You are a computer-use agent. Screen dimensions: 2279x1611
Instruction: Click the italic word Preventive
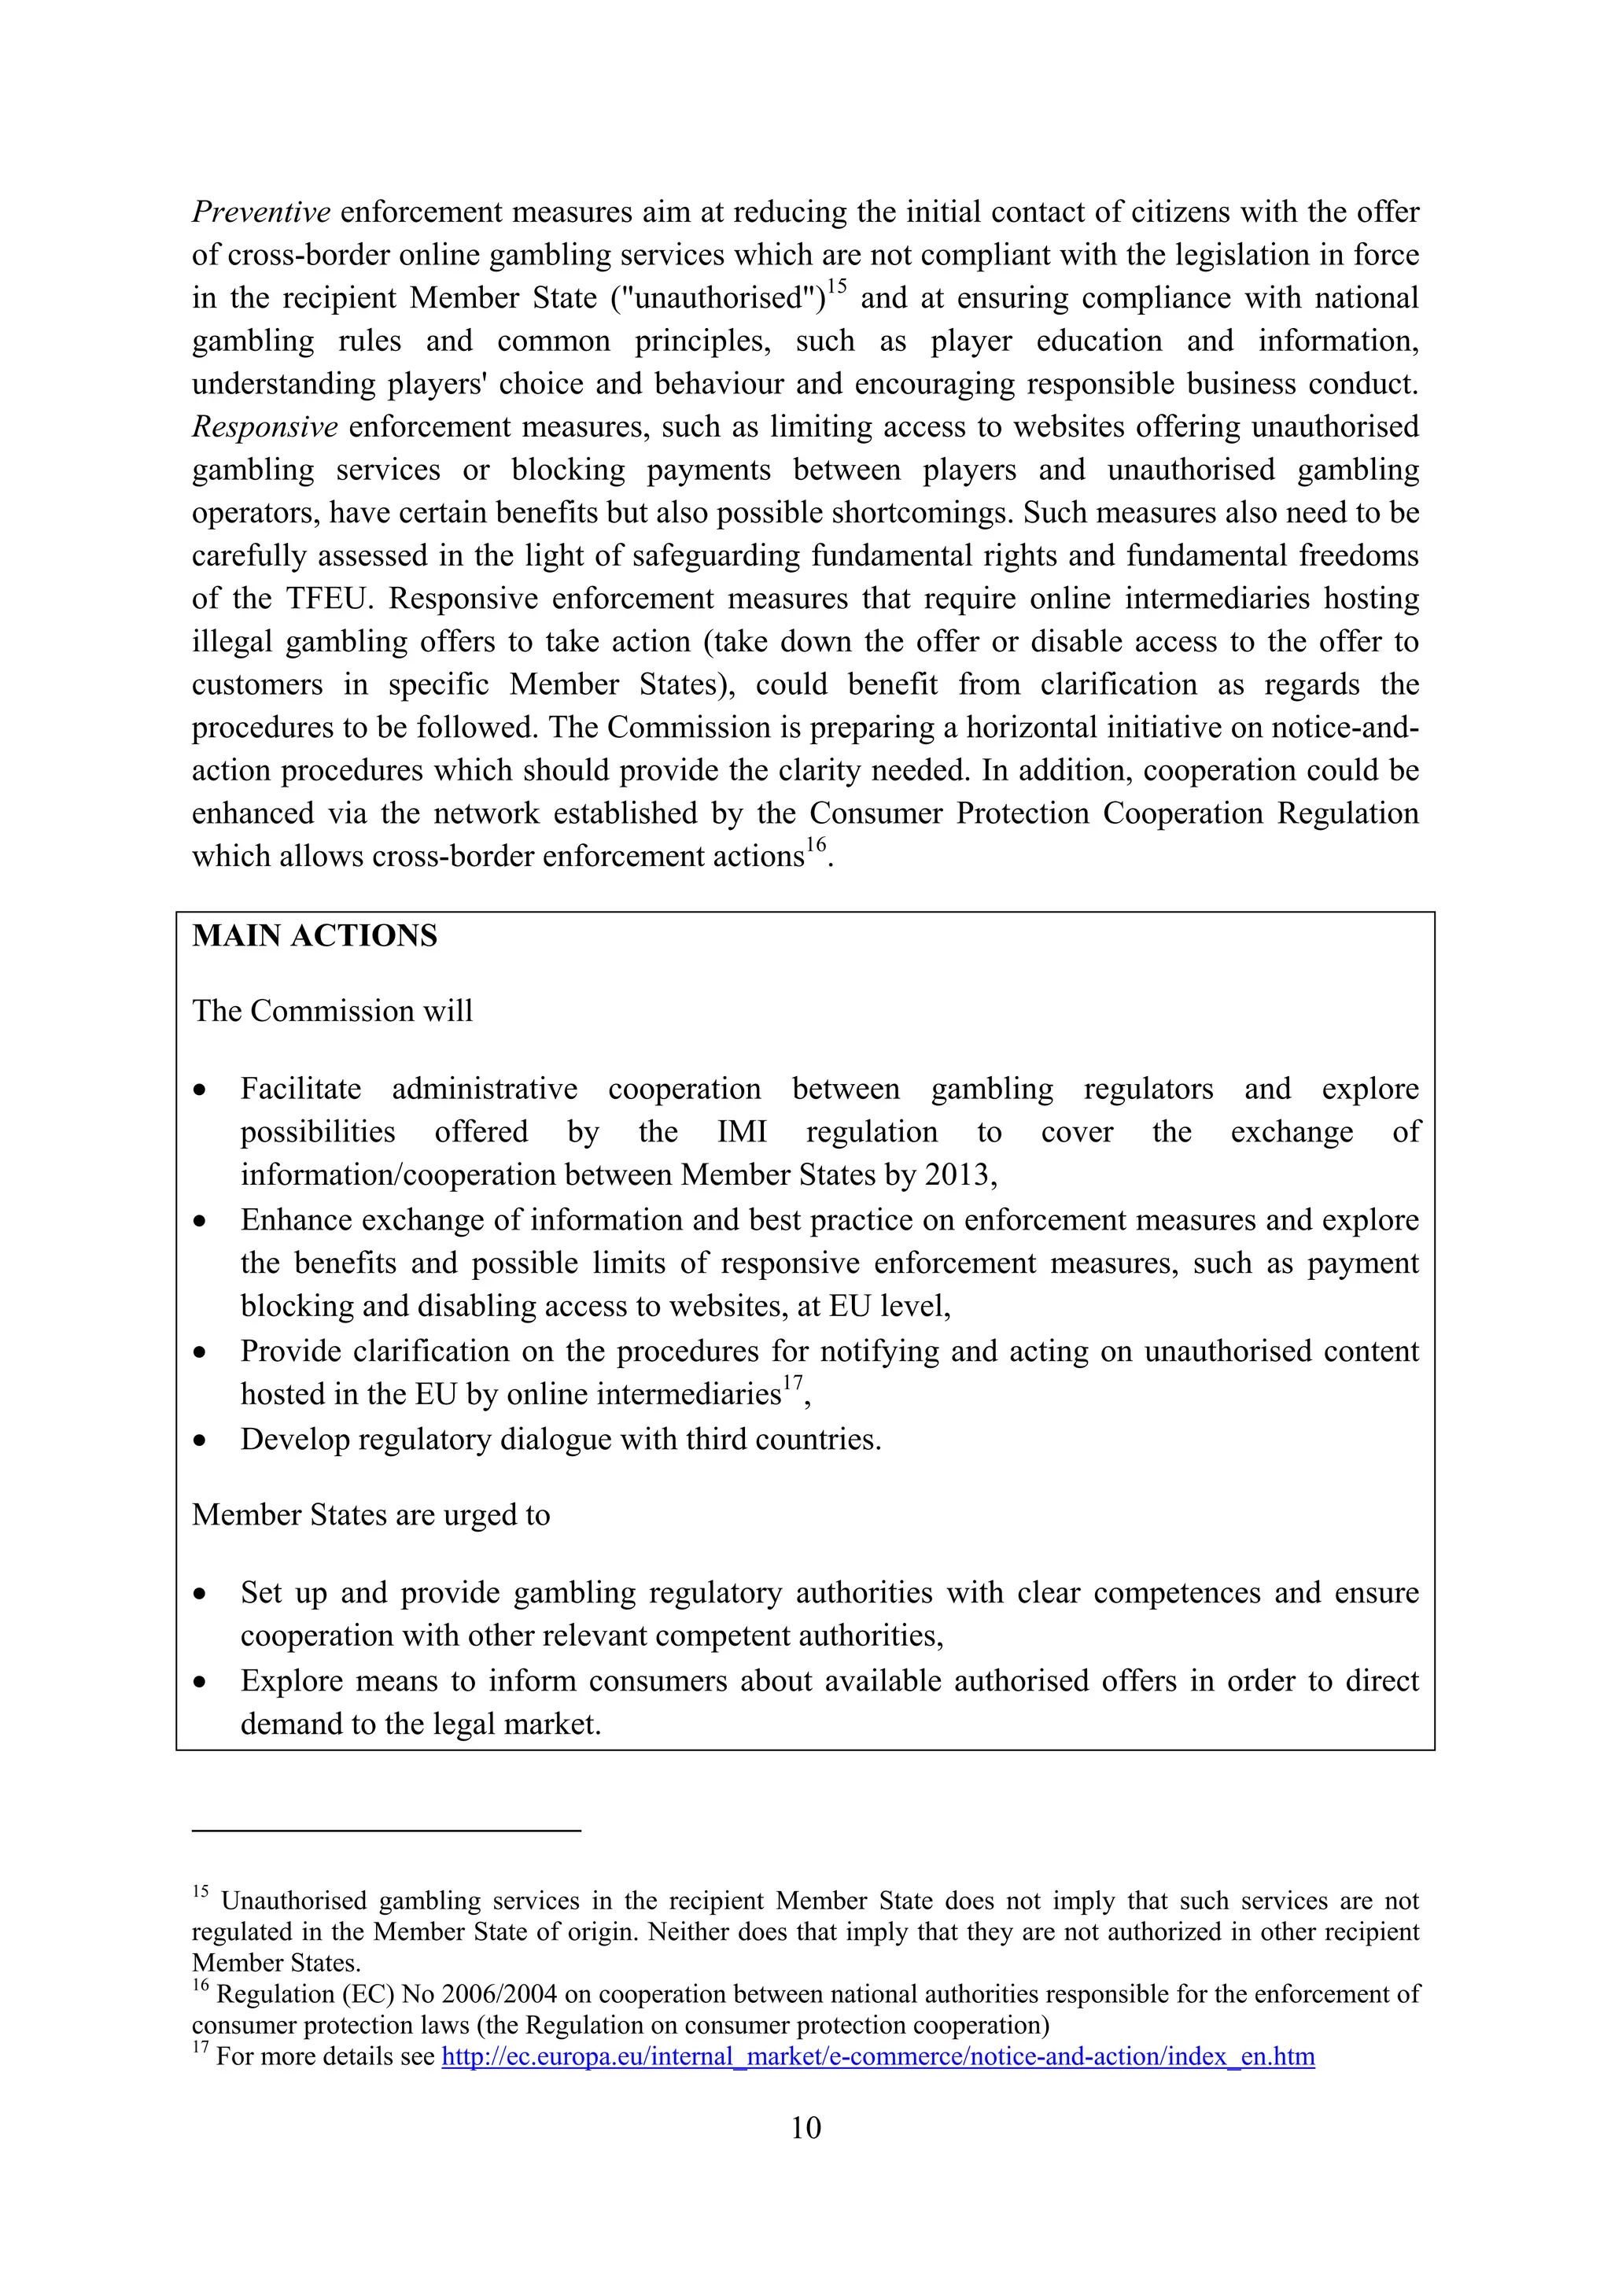(260, 212)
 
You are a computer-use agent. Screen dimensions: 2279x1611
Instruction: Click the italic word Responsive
(264, 427)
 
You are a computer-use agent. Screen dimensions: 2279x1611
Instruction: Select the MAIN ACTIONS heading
(314, 936)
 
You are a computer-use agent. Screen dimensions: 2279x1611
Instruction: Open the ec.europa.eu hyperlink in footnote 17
(877, 2056)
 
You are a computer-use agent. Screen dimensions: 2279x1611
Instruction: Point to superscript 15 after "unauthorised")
(837, 287)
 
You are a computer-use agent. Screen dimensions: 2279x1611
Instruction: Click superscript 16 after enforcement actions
(815, 845)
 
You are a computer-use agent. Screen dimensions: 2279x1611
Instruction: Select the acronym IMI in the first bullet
(742, 1133)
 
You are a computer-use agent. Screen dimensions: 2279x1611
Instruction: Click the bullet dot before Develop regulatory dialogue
(201, 1440)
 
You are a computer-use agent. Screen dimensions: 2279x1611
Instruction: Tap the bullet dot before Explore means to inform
(201, 1683)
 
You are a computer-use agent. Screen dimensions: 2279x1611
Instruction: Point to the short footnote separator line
(385, 1829)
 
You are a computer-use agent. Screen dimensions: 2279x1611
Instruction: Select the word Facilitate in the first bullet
(300, 1089)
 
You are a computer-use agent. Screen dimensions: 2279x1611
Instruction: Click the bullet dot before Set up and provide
(201, 1594)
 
